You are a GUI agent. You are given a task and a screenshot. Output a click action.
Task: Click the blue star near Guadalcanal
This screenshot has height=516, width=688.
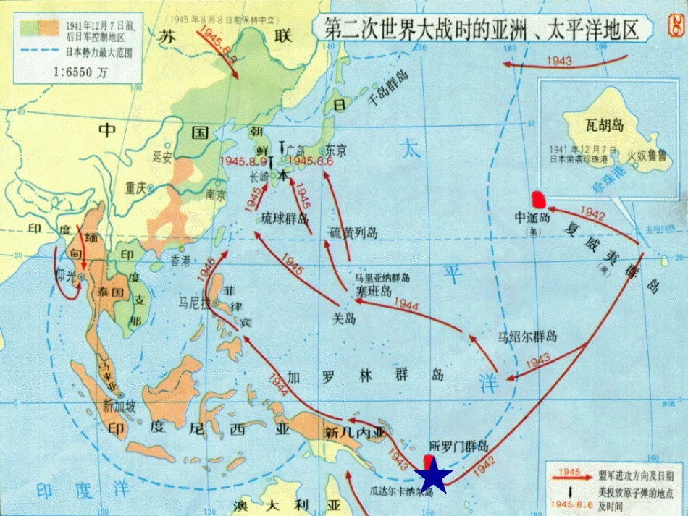click(433, 475)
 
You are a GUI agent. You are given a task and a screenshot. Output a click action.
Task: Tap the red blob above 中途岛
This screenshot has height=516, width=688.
click(539, 198)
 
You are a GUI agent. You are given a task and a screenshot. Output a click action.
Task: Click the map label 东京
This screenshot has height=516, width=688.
click(336, 151)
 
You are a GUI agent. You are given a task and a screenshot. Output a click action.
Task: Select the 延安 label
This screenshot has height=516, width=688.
click(162, 156)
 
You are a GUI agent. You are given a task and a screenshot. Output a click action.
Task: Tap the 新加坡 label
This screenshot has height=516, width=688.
click(119, 405)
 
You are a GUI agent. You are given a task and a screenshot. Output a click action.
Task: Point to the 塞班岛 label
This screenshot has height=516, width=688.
click(373, 291)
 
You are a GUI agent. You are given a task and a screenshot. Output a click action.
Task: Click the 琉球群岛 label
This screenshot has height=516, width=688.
click(285, 219)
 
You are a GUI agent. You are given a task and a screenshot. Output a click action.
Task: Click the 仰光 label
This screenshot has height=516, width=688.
click(66, 278)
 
